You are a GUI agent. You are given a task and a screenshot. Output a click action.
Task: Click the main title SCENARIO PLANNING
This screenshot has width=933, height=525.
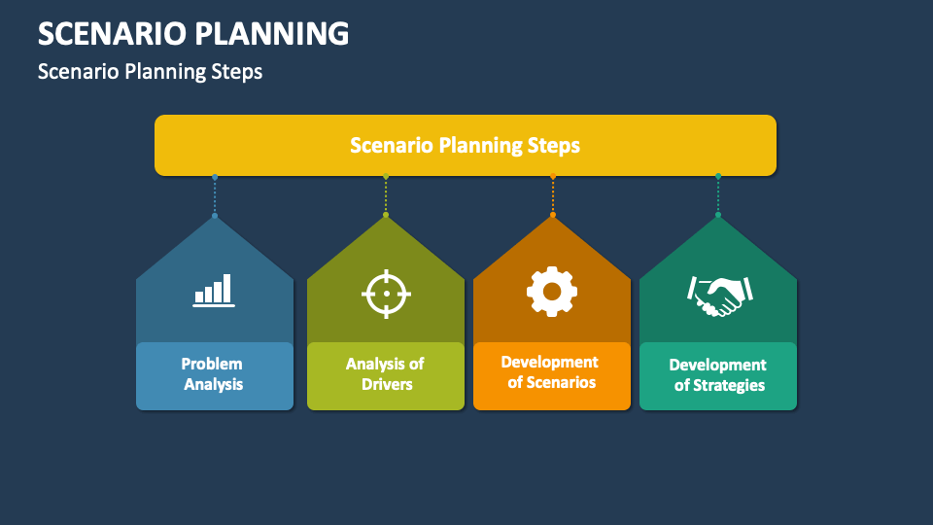pos(193,33)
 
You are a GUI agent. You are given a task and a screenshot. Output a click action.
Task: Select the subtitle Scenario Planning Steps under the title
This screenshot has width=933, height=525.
pos(150,71)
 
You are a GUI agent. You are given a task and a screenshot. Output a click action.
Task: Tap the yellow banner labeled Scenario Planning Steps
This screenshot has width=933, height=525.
pos(465,146)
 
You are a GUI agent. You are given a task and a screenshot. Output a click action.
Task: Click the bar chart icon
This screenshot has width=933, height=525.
pos(214,290)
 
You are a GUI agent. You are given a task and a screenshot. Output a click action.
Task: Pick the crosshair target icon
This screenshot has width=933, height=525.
pos(386,293)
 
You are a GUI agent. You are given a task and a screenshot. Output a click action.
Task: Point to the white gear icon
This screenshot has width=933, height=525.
pos(552,291)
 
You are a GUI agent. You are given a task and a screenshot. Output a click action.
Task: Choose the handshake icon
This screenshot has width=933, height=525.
pos(718,295)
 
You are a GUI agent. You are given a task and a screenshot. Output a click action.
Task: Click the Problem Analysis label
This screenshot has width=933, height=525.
pos(214,374)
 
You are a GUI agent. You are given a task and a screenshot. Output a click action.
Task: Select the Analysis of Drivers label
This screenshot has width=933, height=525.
pos(386,374)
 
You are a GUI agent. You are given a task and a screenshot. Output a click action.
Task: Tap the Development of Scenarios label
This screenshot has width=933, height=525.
pos(551,372)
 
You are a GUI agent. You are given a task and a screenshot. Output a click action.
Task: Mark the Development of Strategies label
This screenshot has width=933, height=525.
pos(718,375)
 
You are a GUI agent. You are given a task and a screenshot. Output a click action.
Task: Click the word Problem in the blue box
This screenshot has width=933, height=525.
pos(212,364)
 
